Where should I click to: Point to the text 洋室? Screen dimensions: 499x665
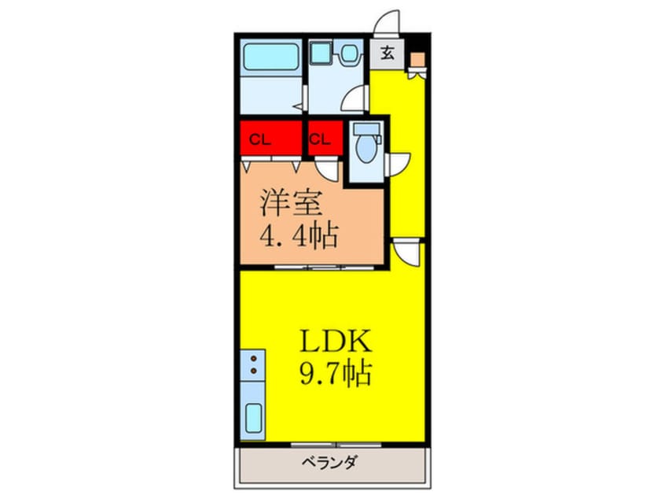tap(292, 203)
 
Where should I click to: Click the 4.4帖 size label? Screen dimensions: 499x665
tap(299, 235)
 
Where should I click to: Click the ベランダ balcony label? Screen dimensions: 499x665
tap(331, 462)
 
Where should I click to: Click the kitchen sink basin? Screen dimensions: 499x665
tap(254, 418)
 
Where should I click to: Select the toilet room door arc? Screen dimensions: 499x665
tap(400, 160)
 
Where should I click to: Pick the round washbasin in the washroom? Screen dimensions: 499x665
tap(347, 54)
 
